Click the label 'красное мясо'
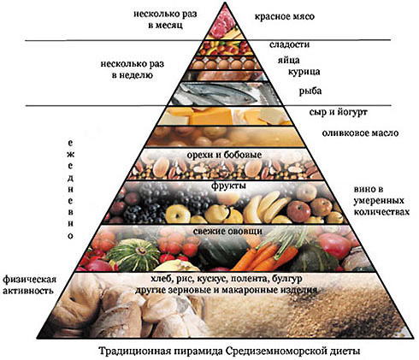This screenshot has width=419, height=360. (285, 17)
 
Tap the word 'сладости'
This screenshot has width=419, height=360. (289, 44)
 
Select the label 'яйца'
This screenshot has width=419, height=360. (289, 61)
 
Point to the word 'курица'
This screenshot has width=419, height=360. (304, 72)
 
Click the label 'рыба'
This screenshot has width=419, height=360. (310, 91)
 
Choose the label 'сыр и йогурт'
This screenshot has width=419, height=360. (339, 112)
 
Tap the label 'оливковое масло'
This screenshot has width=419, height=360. (360, 133)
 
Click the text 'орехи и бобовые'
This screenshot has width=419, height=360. (224, 155)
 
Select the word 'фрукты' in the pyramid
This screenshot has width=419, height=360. (228, 186)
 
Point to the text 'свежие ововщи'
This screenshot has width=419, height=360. (227, 231)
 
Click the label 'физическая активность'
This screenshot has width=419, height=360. (28, 285)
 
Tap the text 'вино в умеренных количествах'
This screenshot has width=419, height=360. (381, 201)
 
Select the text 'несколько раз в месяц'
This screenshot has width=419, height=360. (165, 20)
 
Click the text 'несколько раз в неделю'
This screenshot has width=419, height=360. (133, 69)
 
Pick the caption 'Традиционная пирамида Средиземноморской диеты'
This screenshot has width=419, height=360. (229, 351)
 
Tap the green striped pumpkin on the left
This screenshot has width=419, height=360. (133, 255)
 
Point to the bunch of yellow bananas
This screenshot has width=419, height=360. (267, 207)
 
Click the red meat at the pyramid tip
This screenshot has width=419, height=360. (223, 23)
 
